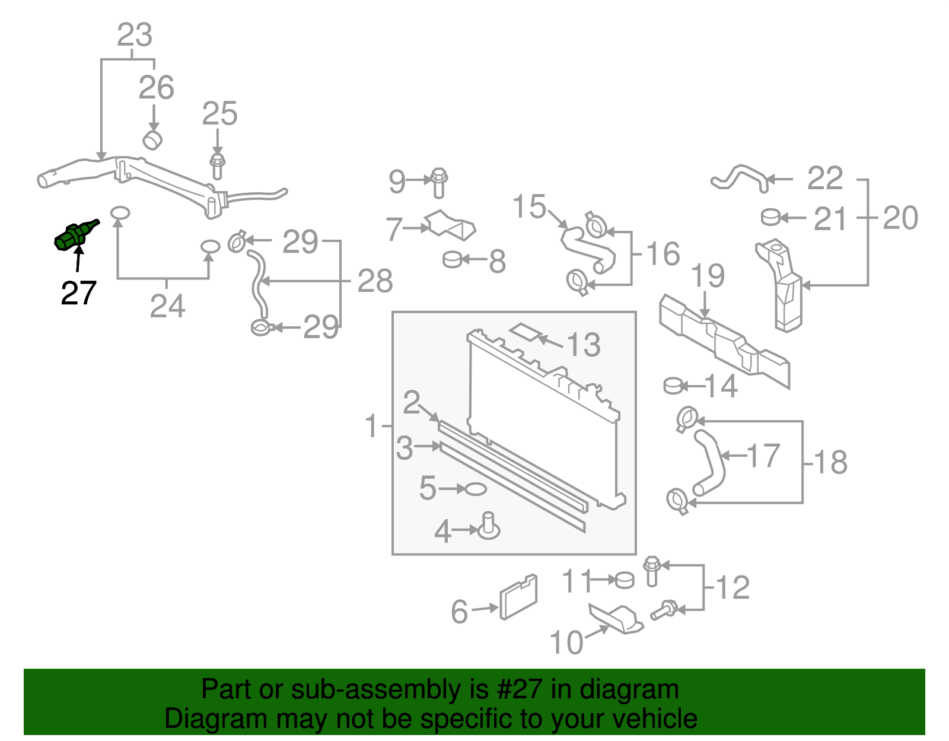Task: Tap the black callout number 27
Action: [78, 293]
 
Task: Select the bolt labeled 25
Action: [217, 167]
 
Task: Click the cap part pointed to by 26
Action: [153, 140]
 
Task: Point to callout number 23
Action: [135, 35]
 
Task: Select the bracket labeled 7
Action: [451, 225]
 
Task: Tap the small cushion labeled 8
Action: [453, 259]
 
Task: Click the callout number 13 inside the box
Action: [584, 345]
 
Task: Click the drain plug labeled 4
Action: [489, 526]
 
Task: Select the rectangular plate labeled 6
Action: [519, 597]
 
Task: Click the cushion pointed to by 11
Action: [625, 580]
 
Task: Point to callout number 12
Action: [733, 587]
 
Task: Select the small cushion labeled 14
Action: [673, 386]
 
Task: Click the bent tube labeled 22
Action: [740, 176]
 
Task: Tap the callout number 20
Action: [900, 218]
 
